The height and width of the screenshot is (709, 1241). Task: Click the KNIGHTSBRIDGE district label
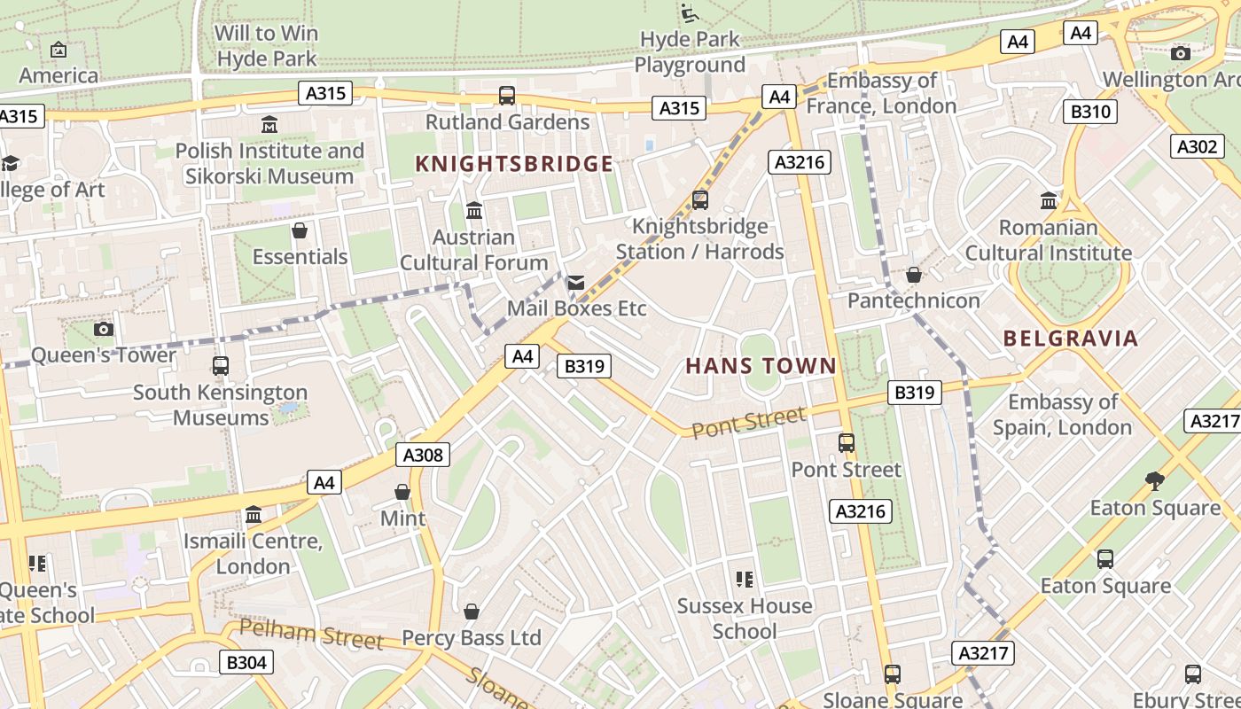[514, 164]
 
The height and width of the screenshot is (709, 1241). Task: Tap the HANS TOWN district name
[761, 366]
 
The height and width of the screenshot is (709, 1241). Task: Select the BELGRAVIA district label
[1071, 338]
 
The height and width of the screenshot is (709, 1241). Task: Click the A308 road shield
[423, 455]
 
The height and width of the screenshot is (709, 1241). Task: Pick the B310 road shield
[1089, 112]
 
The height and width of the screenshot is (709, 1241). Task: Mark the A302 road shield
[1197, 146]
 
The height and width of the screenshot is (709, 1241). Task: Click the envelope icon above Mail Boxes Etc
[576, 283]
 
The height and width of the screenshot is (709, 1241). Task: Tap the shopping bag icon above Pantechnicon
[913, 275]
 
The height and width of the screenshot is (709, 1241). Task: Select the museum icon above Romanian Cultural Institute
[1049, 201]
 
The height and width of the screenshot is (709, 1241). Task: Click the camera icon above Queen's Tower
[104, 329]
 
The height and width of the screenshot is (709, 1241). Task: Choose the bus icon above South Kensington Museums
[221, 366]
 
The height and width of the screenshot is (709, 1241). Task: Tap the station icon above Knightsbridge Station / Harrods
[700, 200]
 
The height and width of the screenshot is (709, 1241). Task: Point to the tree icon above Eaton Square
[1154, 481]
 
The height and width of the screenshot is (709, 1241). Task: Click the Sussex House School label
[745, 619]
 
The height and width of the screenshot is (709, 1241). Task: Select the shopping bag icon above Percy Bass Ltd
[472, 612]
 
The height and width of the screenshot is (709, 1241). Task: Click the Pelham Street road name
[311, 635]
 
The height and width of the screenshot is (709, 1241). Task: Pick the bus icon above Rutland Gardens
[507, 96]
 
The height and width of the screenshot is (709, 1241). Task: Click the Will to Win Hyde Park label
[267, 46]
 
